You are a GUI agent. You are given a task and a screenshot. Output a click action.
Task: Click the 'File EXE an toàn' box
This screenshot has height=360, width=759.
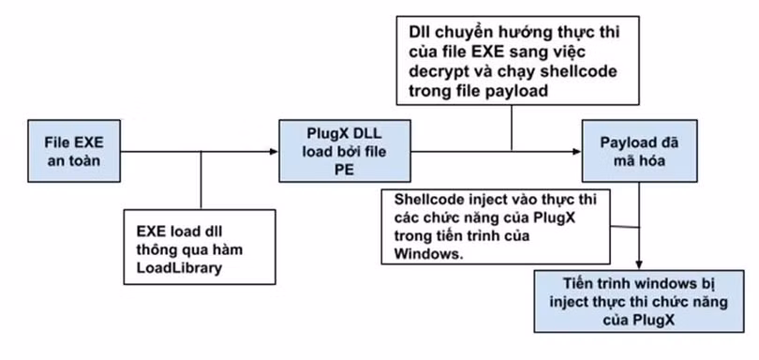[75, 152]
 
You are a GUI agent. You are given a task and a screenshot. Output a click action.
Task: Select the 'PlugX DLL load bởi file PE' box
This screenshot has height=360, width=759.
[345, 151]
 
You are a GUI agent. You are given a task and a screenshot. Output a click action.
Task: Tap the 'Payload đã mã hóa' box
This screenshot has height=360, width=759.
[638, 150]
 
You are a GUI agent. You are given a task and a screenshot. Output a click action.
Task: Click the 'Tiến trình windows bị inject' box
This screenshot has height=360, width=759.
[638, 302]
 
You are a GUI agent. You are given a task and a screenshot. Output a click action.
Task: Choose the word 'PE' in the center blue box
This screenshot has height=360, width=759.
[345, 168]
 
